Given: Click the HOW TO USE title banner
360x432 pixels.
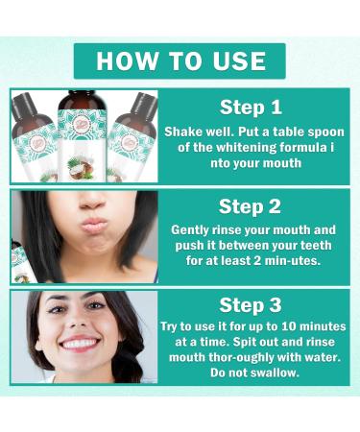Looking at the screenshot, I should pos(180,60).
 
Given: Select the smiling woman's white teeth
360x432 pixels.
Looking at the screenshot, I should pos(82,343).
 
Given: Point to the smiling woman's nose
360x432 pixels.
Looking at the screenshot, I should pos(82,322).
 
